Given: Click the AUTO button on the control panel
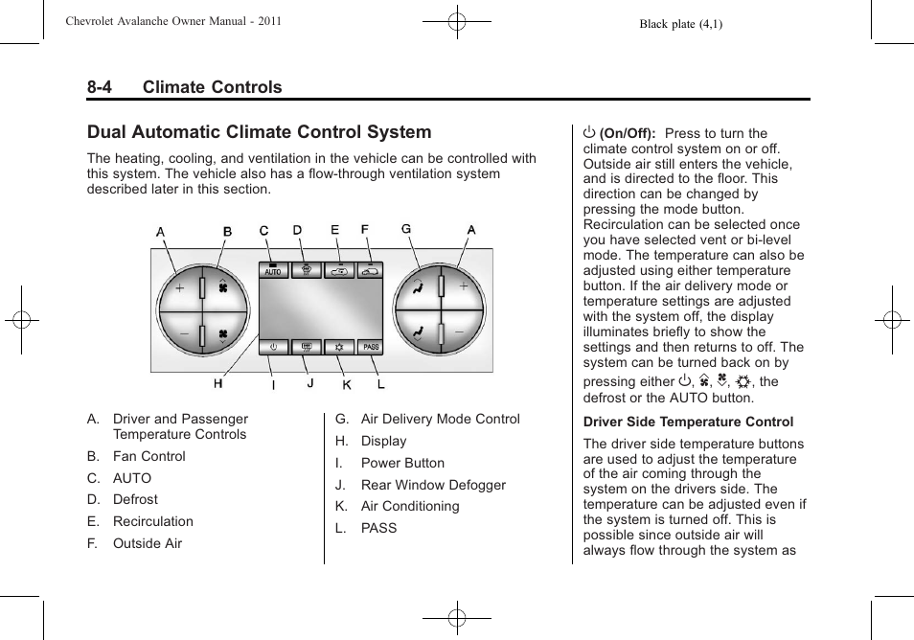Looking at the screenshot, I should click(x=273, y=271).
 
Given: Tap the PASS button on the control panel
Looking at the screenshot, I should click(x=371, y=347).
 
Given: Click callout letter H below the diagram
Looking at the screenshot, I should click(x=218, y=383).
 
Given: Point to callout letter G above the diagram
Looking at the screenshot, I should click(x=406, y=229).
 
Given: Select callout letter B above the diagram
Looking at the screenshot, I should click(x=228, y=232).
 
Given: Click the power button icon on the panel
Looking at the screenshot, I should click(x=274, y=347).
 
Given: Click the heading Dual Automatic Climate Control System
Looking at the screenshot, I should click(x=259, y=132).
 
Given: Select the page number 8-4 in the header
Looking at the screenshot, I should click(x=99, y=87).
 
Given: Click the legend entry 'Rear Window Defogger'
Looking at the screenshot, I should click(x=433, y=485).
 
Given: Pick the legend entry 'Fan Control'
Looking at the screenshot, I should click(x=149, y=456).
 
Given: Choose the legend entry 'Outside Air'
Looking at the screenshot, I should click(x=147, y=543).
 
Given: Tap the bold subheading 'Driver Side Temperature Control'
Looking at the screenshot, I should click(x=688, y=422).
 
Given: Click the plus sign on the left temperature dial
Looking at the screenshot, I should click(x=179, y=286).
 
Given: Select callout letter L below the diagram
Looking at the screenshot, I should click(x=381, y=384).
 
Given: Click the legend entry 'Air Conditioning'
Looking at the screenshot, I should click(x=409, y=506).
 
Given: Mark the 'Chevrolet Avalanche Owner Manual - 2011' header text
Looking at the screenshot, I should click(x=173, y=21).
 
